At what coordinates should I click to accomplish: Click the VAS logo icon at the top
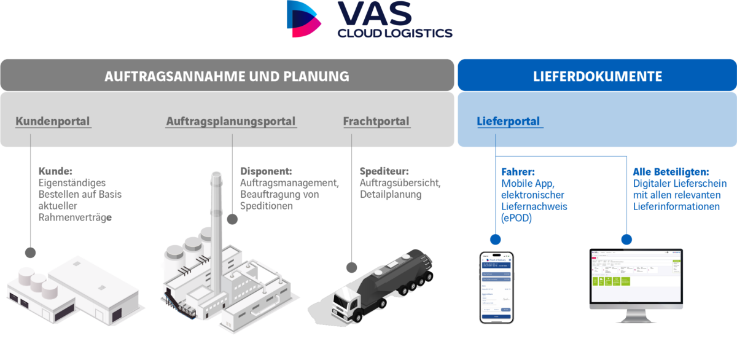304,18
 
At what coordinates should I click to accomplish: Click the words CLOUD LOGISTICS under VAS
394,33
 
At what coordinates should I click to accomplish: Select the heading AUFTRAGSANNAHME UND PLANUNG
227,77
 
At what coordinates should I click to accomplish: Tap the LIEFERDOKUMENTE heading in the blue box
597,77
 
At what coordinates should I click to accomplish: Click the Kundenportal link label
53,122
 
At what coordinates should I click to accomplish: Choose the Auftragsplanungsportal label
231,122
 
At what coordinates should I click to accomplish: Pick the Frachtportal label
376,122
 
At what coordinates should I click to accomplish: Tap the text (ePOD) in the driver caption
516,218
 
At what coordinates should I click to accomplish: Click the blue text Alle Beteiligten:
671,171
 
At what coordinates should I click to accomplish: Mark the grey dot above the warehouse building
30,252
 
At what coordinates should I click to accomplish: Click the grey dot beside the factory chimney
232,219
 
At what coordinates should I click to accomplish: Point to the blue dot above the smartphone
495,239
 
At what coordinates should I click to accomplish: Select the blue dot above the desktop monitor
625,239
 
